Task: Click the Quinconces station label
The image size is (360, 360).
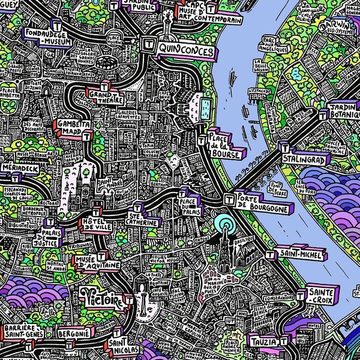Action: [x=187, y=51]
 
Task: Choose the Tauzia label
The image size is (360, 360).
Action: [x=265, y=343]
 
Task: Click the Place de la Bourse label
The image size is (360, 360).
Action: [x=225, y=146]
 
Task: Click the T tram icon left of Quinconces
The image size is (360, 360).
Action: [x=148, y=43]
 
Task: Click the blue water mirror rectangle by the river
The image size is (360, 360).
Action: [x=205, y=109]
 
